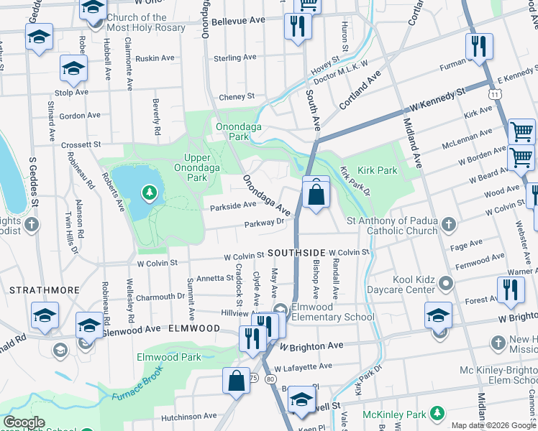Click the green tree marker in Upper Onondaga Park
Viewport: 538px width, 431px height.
[149, 193]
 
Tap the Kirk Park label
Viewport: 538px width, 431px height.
[378, 171]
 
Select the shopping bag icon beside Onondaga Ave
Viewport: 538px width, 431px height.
[316, 193]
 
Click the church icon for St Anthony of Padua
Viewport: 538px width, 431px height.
[448, 224]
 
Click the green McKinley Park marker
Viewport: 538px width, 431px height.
[437, 413]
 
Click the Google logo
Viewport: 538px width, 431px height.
[24, 422]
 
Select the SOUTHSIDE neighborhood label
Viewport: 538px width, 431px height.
[297, 254]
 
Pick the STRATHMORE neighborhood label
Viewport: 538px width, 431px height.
[35, 289]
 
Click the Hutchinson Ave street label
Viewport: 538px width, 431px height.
[189, 415]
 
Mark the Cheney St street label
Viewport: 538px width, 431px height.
[237, 96]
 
